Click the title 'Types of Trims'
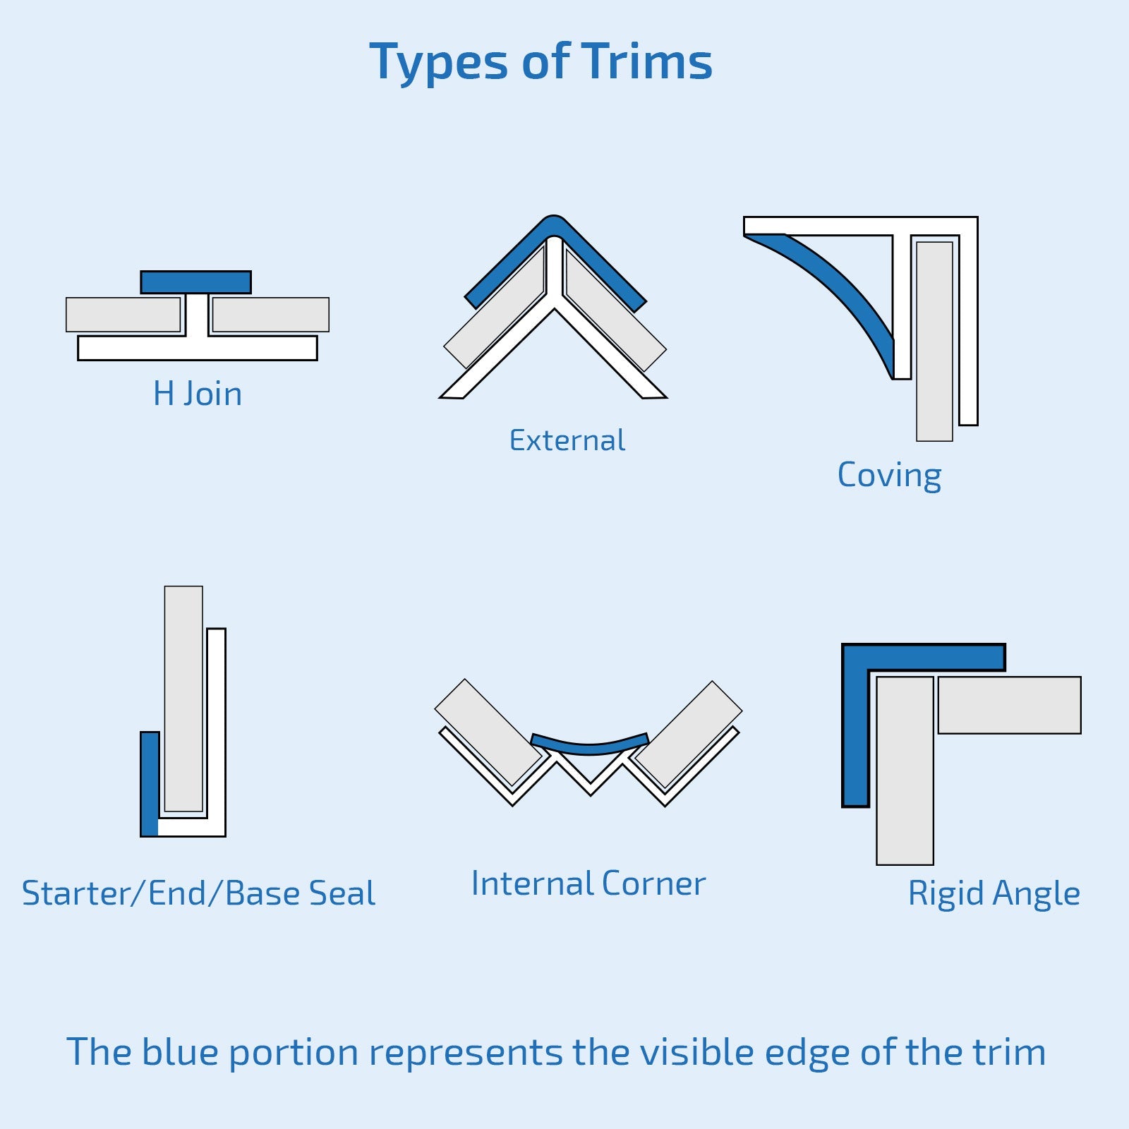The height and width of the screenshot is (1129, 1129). [x=541, y=62]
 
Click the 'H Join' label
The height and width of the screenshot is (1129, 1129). [x=198, y=394]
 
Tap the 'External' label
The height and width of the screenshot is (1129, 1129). [x=567, y=440]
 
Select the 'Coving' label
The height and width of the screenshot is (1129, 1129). [x=889, y=475]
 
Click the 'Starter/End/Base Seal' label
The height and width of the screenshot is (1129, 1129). [x=198, y=893]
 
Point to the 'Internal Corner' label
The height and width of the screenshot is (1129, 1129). [x=588, y=883]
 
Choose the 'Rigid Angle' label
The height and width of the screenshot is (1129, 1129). [x=994, y=893]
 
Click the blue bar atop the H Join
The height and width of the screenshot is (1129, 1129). [x=195, y=282]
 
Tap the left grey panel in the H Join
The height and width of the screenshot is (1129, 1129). [x=123, y=315]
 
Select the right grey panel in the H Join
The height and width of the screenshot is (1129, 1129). [x=270, y=315]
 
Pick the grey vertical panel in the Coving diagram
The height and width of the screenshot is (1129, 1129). [x=934, y=342]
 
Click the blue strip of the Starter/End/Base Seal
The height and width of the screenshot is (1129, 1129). [x=150, y=783]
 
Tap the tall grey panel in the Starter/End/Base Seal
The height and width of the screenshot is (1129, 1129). [x=183, y=699]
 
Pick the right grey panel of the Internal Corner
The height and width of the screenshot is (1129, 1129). [x=689, y=734]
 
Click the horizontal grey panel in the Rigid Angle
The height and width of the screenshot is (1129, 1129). [x=1009, y=705]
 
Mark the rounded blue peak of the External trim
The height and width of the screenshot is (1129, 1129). [x=554, y=224]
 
